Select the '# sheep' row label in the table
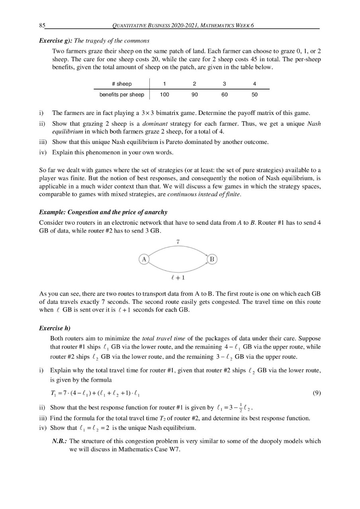tap(121, 84)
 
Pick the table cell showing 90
tap(194, 95)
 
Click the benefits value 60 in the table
tap(225, 95)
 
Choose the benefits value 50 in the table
tap(255, 95)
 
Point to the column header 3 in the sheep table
tap(225, 84)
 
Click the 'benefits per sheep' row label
tap(121, 95)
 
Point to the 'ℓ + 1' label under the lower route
tap(178, 278)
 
